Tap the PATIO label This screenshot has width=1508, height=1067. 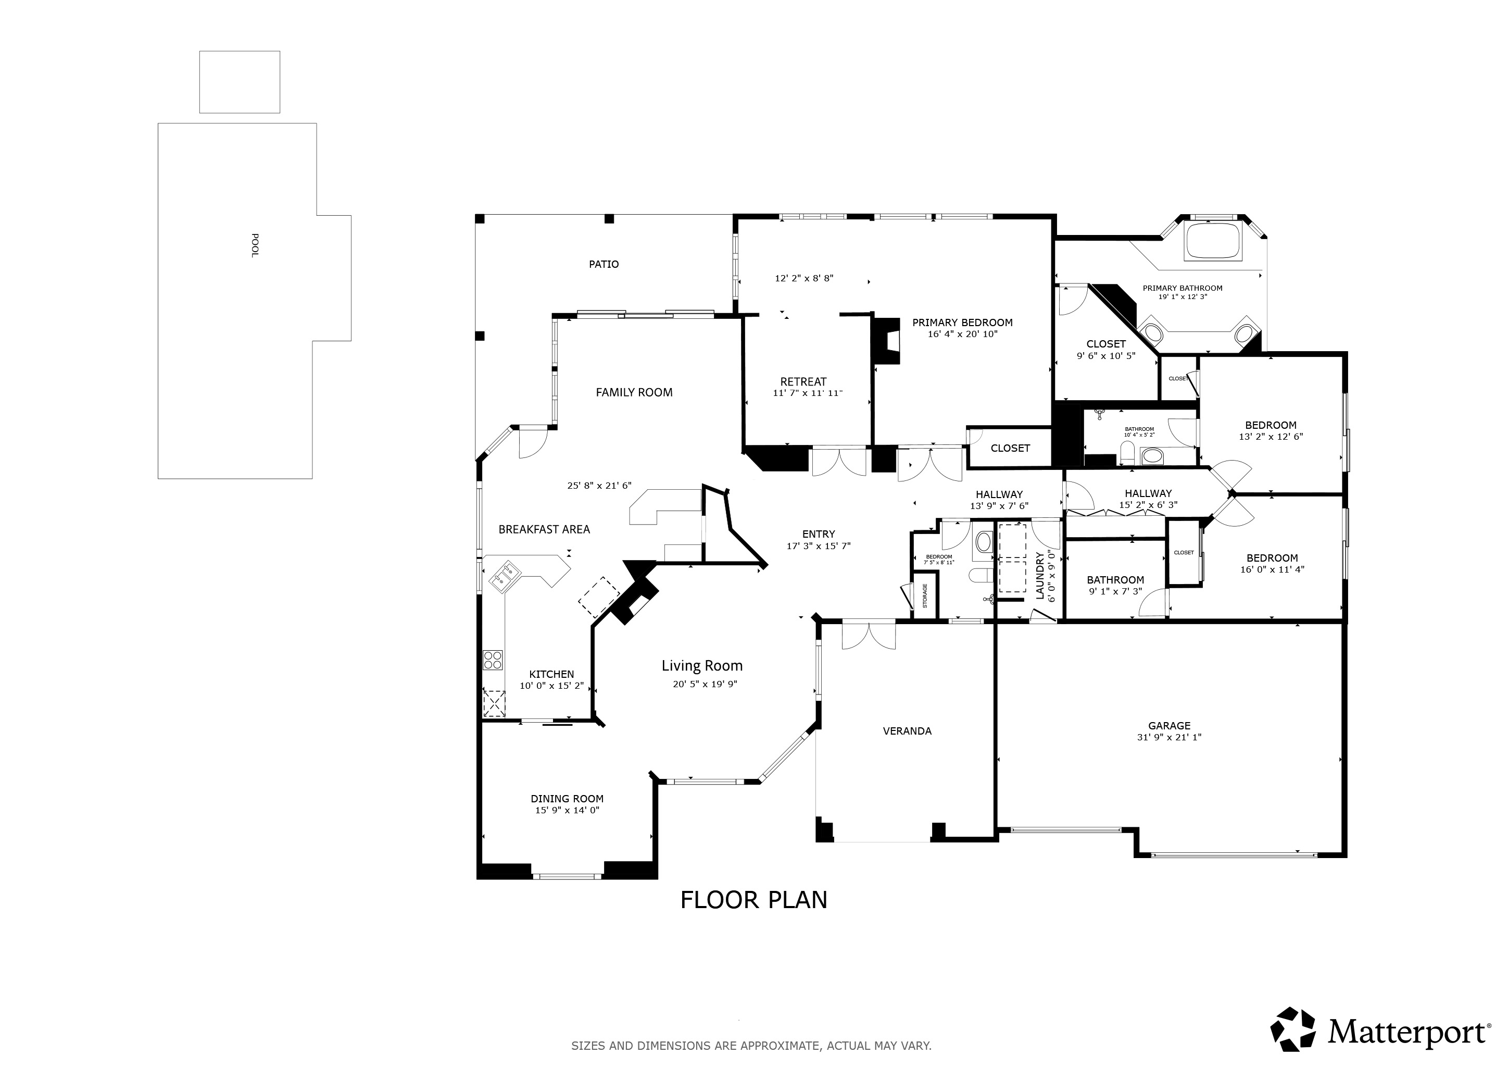pos(603,264)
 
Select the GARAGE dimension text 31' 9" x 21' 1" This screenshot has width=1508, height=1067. pos(1169,737)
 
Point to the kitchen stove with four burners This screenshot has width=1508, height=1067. pos(493,660)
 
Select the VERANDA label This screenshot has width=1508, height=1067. pos(907,730)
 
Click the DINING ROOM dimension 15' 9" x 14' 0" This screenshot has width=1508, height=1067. pos(567,810)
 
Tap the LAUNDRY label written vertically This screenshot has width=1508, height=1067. pos(1040,576)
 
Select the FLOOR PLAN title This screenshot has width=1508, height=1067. pos(753,899)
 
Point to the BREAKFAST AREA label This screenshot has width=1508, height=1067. pos(544,529)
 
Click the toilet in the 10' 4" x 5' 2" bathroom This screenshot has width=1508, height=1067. pos(1127,452)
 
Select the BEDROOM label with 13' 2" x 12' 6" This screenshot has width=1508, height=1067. pos(1270,425)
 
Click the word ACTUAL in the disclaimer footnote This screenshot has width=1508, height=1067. pos(847,1045)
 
